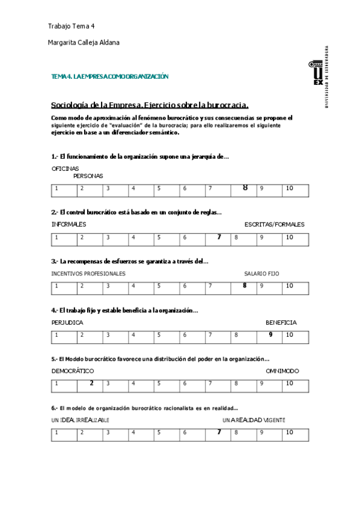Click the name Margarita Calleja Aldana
(84, 43)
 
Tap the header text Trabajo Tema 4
(71, 26)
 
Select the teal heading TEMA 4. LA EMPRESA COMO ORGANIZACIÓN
(110, 76)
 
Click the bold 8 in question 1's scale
(245, 188)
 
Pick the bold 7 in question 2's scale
(219, 237)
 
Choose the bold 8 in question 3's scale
(245, 285)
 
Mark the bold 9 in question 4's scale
(270, 334)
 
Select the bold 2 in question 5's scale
(91, 382)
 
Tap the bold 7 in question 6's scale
(219, 432)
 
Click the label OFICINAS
(66, 168)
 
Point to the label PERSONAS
(88, 176)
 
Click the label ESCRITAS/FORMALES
(274, 224)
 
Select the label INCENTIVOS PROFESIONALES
(89, 273)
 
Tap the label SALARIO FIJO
(261, 273)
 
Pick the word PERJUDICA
(67, 322)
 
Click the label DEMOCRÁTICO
(73, 371)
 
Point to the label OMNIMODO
(282, 371)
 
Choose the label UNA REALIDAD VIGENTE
(254, 420)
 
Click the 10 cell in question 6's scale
(290, 432)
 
